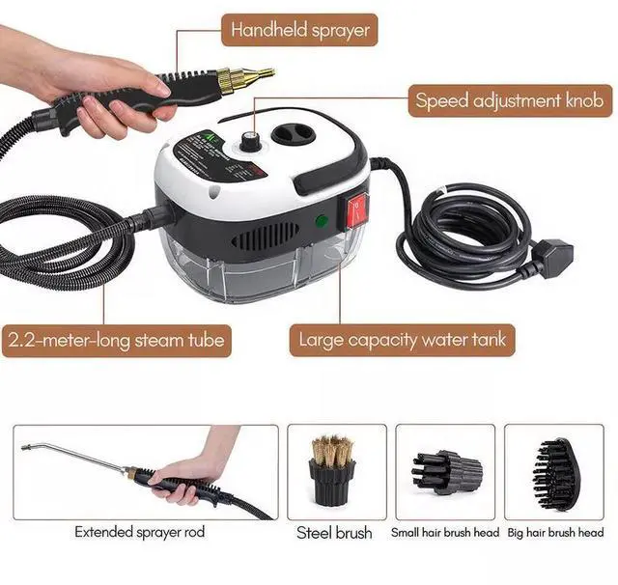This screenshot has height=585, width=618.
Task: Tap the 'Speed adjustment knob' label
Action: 509,99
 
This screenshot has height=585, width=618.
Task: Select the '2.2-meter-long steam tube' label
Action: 117,339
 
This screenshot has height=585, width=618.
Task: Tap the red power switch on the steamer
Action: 358,208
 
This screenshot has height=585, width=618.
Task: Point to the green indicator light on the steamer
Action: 320,221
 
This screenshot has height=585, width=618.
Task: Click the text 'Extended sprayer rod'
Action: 139,532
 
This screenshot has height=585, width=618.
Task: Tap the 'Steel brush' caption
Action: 333,533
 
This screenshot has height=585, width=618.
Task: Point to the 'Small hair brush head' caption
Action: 445,532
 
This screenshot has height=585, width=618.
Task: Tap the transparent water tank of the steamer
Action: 251,275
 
